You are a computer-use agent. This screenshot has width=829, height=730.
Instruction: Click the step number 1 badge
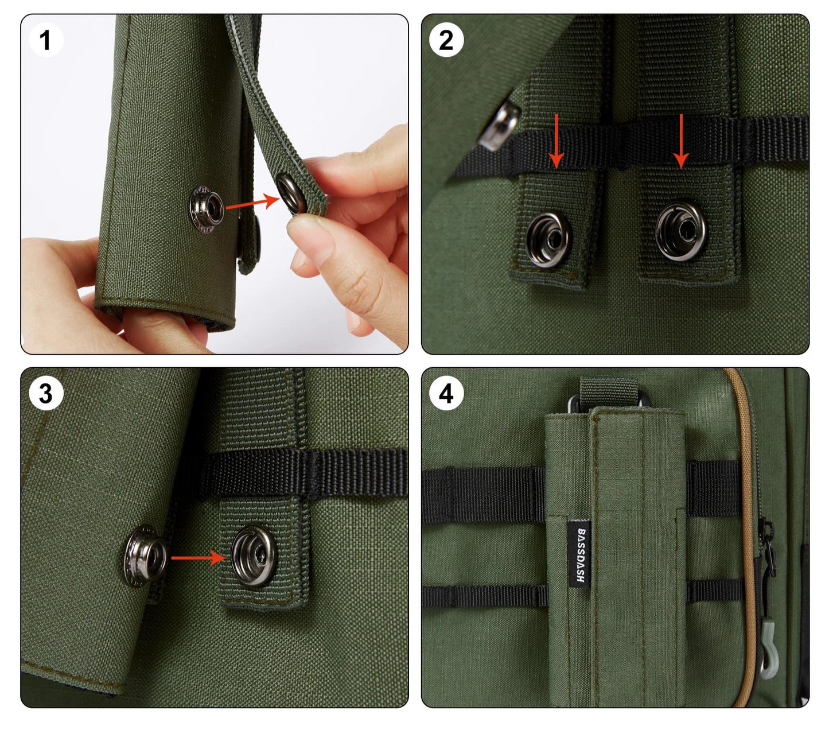point(46,40)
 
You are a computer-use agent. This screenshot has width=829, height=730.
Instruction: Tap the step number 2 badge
point(446,40)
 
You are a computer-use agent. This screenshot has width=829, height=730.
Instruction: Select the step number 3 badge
point(46,393)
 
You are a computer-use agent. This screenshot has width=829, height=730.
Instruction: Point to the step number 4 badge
point(446,393)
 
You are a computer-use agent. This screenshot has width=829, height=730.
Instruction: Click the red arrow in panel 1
point(252,203)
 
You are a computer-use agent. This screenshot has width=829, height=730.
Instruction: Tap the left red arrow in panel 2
point(556,141)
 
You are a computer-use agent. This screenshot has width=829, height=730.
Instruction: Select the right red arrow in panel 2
point(681,141)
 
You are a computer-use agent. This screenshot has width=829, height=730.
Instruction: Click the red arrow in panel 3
point(199,557)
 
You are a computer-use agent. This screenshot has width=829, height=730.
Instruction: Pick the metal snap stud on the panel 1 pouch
point(207,209)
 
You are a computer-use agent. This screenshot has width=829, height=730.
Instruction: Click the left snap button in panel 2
point(549,239)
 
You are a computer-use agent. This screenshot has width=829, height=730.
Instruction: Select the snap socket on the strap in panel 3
point(254,556)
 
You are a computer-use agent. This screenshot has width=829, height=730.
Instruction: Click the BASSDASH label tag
point(580,554)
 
